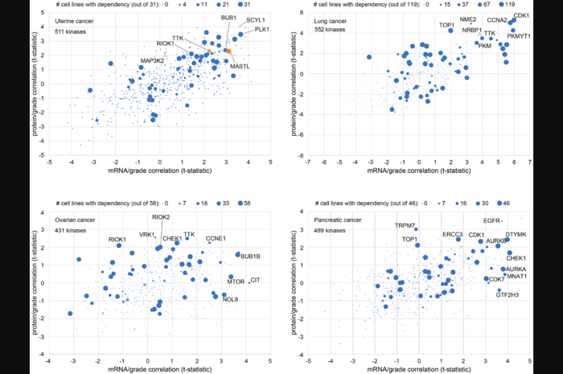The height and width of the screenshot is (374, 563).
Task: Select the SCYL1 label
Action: coord(256,19)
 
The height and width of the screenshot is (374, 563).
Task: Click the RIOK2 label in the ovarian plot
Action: coord(160,217)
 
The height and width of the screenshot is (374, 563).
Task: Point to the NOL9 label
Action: coord(230,299)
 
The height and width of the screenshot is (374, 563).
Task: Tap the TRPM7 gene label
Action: coord(405,226)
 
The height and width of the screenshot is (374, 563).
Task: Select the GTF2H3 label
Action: coord(512,295)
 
